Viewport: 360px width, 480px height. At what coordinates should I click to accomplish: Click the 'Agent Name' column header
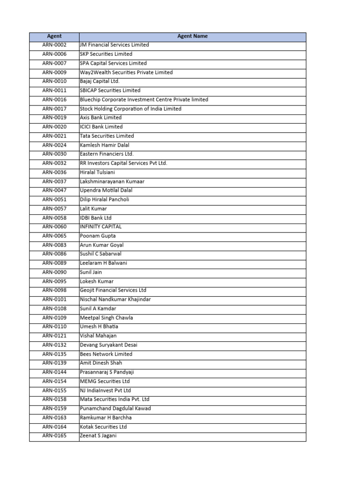coord(192,36)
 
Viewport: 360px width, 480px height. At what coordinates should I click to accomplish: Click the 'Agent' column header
coord(54,36)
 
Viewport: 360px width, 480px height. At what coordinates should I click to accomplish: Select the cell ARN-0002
coord(54,45)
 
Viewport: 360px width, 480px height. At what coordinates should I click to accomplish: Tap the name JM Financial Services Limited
coord(114,45)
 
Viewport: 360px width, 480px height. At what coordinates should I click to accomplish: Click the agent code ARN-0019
coord(54,118)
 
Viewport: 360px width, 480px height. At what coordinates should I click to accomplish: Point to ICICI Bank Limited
coord(101,127)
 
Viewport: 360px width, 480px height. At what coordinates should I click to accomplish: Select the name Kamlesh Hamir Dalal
coord(105,145)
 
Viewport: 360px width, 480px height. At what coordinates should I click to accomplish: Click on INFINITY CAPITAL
coord(101,227)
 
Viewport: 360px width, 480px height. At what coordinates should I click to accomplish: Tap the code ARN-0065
coord(54,236)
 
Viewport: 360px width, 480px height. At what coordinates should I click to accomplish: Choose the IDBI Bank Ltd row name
coord(96,217)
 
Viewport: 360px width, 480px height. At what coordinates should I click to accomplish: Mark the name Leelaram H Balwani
coord(104,263)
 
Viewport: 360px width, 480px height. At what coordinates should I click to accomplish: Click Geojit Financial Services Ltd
coord(113,290)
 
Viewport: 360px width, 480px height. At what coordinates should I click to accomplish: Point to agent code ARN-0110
coord(54,327)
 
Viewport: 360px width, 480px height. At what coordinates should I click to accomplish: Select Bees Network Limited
coord(106,354)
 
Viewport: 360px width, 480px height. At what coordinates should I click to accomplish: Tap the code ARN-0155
coord(54,390)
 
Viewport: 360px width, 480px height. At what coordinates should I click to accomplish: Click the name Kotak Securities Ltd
coord(104,427)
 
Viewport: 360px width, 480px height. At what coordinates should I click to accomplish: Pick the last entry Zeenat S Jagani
coord(98,436)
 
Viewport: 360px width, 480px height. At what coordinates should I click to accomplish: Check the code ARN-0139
coord(54,363)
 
